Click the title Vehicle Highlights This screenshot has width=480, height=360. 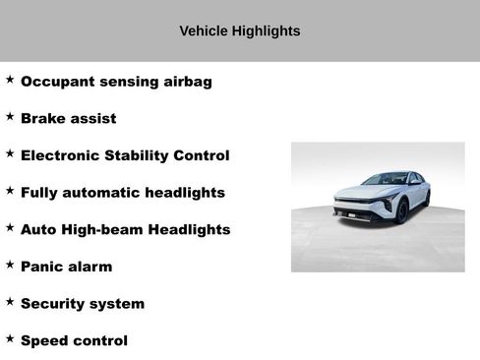pyautogui.click(x=240, y=31)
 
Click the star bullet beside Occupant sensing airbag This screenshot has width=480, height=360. pyautogui.click(x=10, y=79)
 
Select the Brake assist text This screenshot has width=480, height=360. pyautogui.click(x=68, y=119)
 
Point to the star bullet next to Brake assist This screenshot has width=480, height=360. pyautogui.click(x=10, y=116)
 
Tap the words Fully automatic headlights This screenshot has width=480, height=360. pyautogui.click(x=122, y=193)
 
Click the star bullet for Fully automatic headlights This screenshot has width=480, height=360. pyautogui.click(x=10, y=190)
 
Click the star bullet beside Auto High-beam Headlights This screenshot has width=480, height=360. pyautogui.click(x=10, y=227)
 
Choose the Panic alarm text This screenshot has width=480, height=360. pyautogui.click(x=66, y=267)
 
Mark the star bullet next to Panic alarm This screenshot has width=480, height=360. pyautogui.click(x=10, y=264)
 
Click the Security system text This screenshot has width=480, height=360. pyautogui.click(x=82, y=304)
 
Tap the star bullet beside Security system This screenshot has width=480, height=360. pyautogui.click(x=10, y=301)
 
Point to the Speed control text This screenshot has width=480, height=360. pyautogui.click(x=74, y=341)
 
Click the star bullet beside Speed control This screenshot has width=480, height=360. pyautogui.click(x=10, y=338)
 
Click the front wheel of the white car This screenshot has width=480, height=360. pyautogui.click(x=402, y=210)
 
